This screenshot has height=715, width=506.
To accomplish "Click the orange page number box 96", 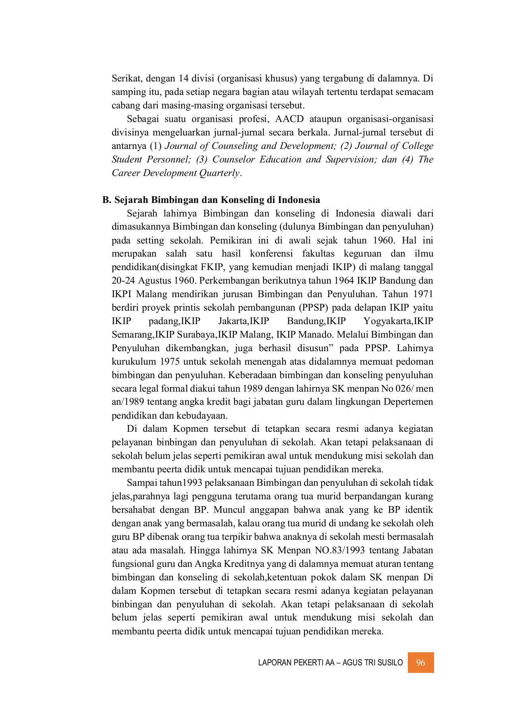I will click(421, 662).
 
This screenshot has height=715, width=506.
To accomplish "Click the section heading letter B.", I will click(106, 199).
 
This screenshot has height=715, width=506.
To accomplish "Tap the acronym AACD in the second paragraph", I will click(289, 119).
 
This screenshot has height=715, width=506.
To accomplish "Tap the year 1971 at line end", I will click(423, 294).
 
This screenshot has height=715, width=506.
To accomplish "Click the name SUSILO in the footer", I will click(390, 663).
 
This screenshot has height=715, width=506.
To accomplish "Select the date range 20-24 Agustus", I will click(142, 281).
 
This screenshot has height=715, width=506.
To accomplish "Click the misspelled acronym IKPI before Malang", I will click(122, 294).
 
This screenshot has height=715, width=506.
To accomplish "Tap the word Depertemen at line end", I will click(408, 402).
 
